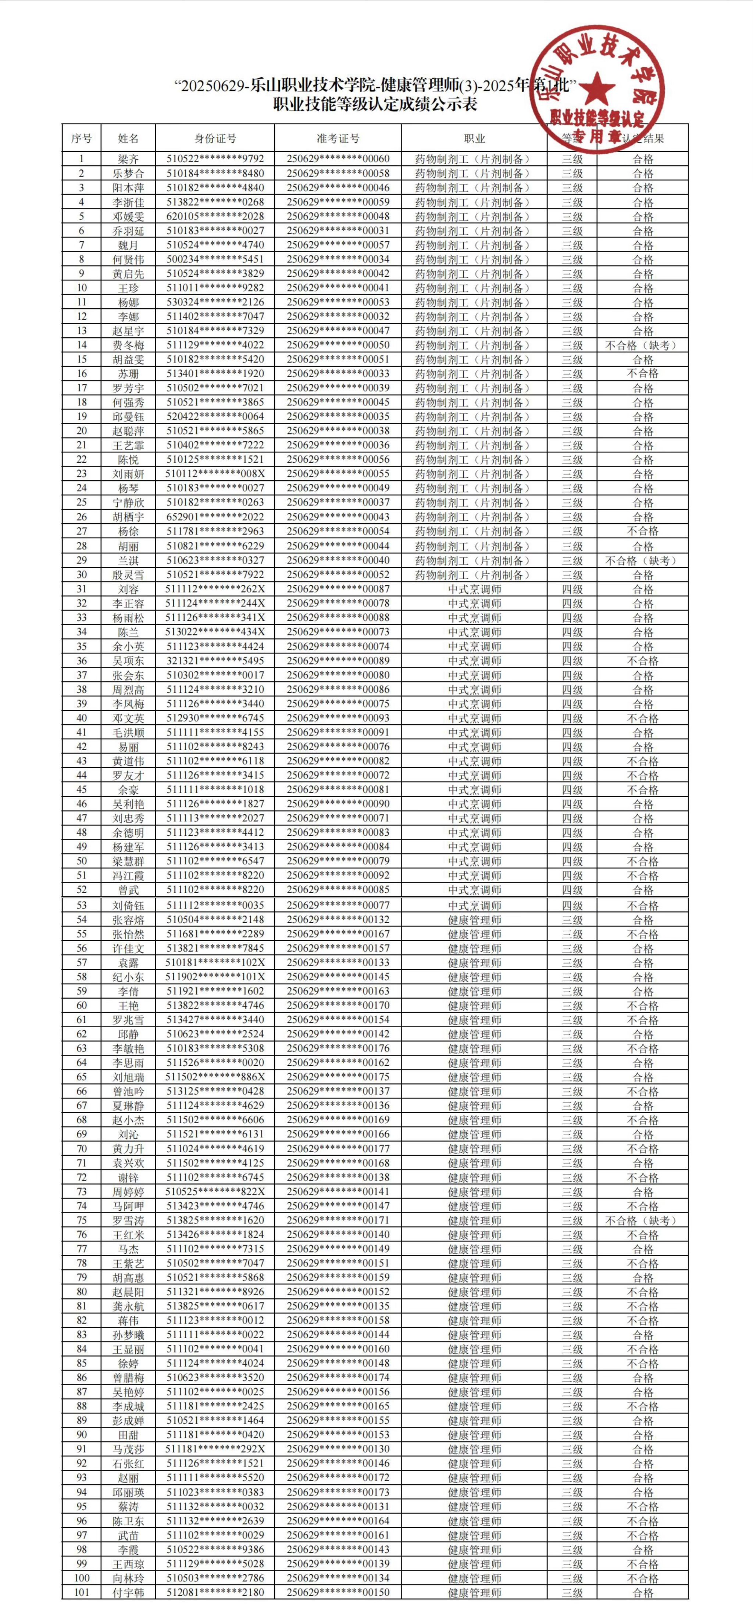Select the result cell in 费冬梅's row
(x=642, y=345)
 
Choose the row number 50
(x=81, y=861)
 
